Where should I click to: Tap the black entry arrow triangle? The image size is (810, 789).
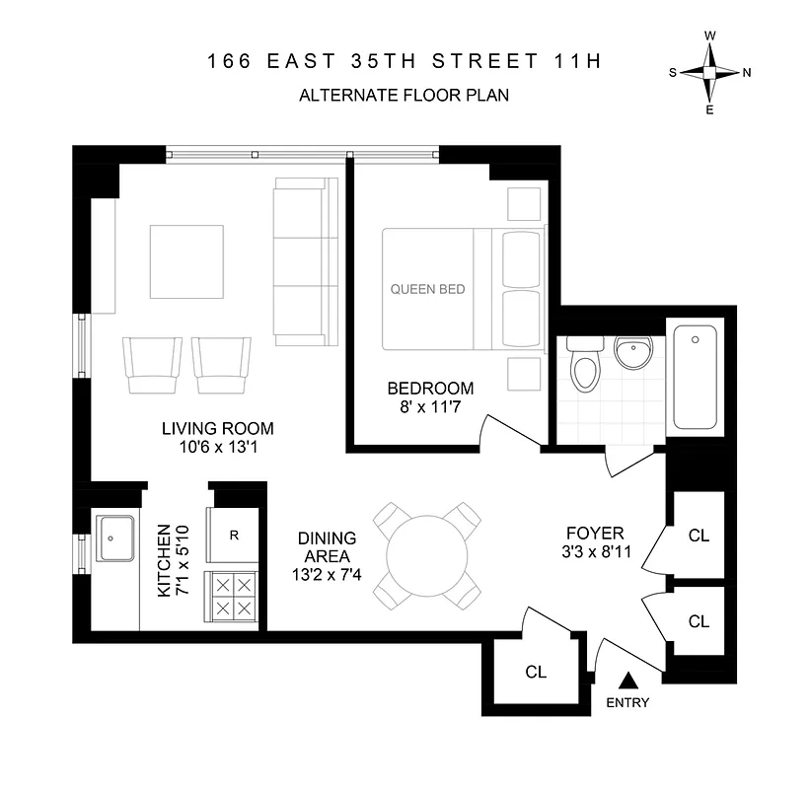coord(627,680)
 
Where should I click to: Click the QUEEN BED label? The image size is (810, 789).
coord(427,290)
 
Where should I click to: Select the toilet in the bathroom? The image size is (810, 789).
coord(585,372)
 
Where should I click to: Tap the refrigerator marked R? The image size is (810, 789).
coord(234,537)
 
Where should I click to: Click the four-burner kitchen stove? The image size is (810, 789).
coord(232,596)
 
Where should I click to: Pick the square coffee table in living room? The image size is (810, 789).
coord(186,261)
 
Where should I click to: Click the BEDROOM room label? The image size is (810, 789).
coord(430,389)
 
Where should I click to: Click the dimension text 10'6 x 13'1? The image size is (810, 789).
coord(217,448)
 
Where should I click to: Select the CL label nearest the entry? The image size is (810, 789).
coord(536,673)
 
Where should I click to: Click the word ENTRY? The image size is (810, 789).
coord(627,703)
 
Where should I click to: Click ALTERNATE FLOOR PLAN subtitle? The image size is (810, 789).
coord(404,96)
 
